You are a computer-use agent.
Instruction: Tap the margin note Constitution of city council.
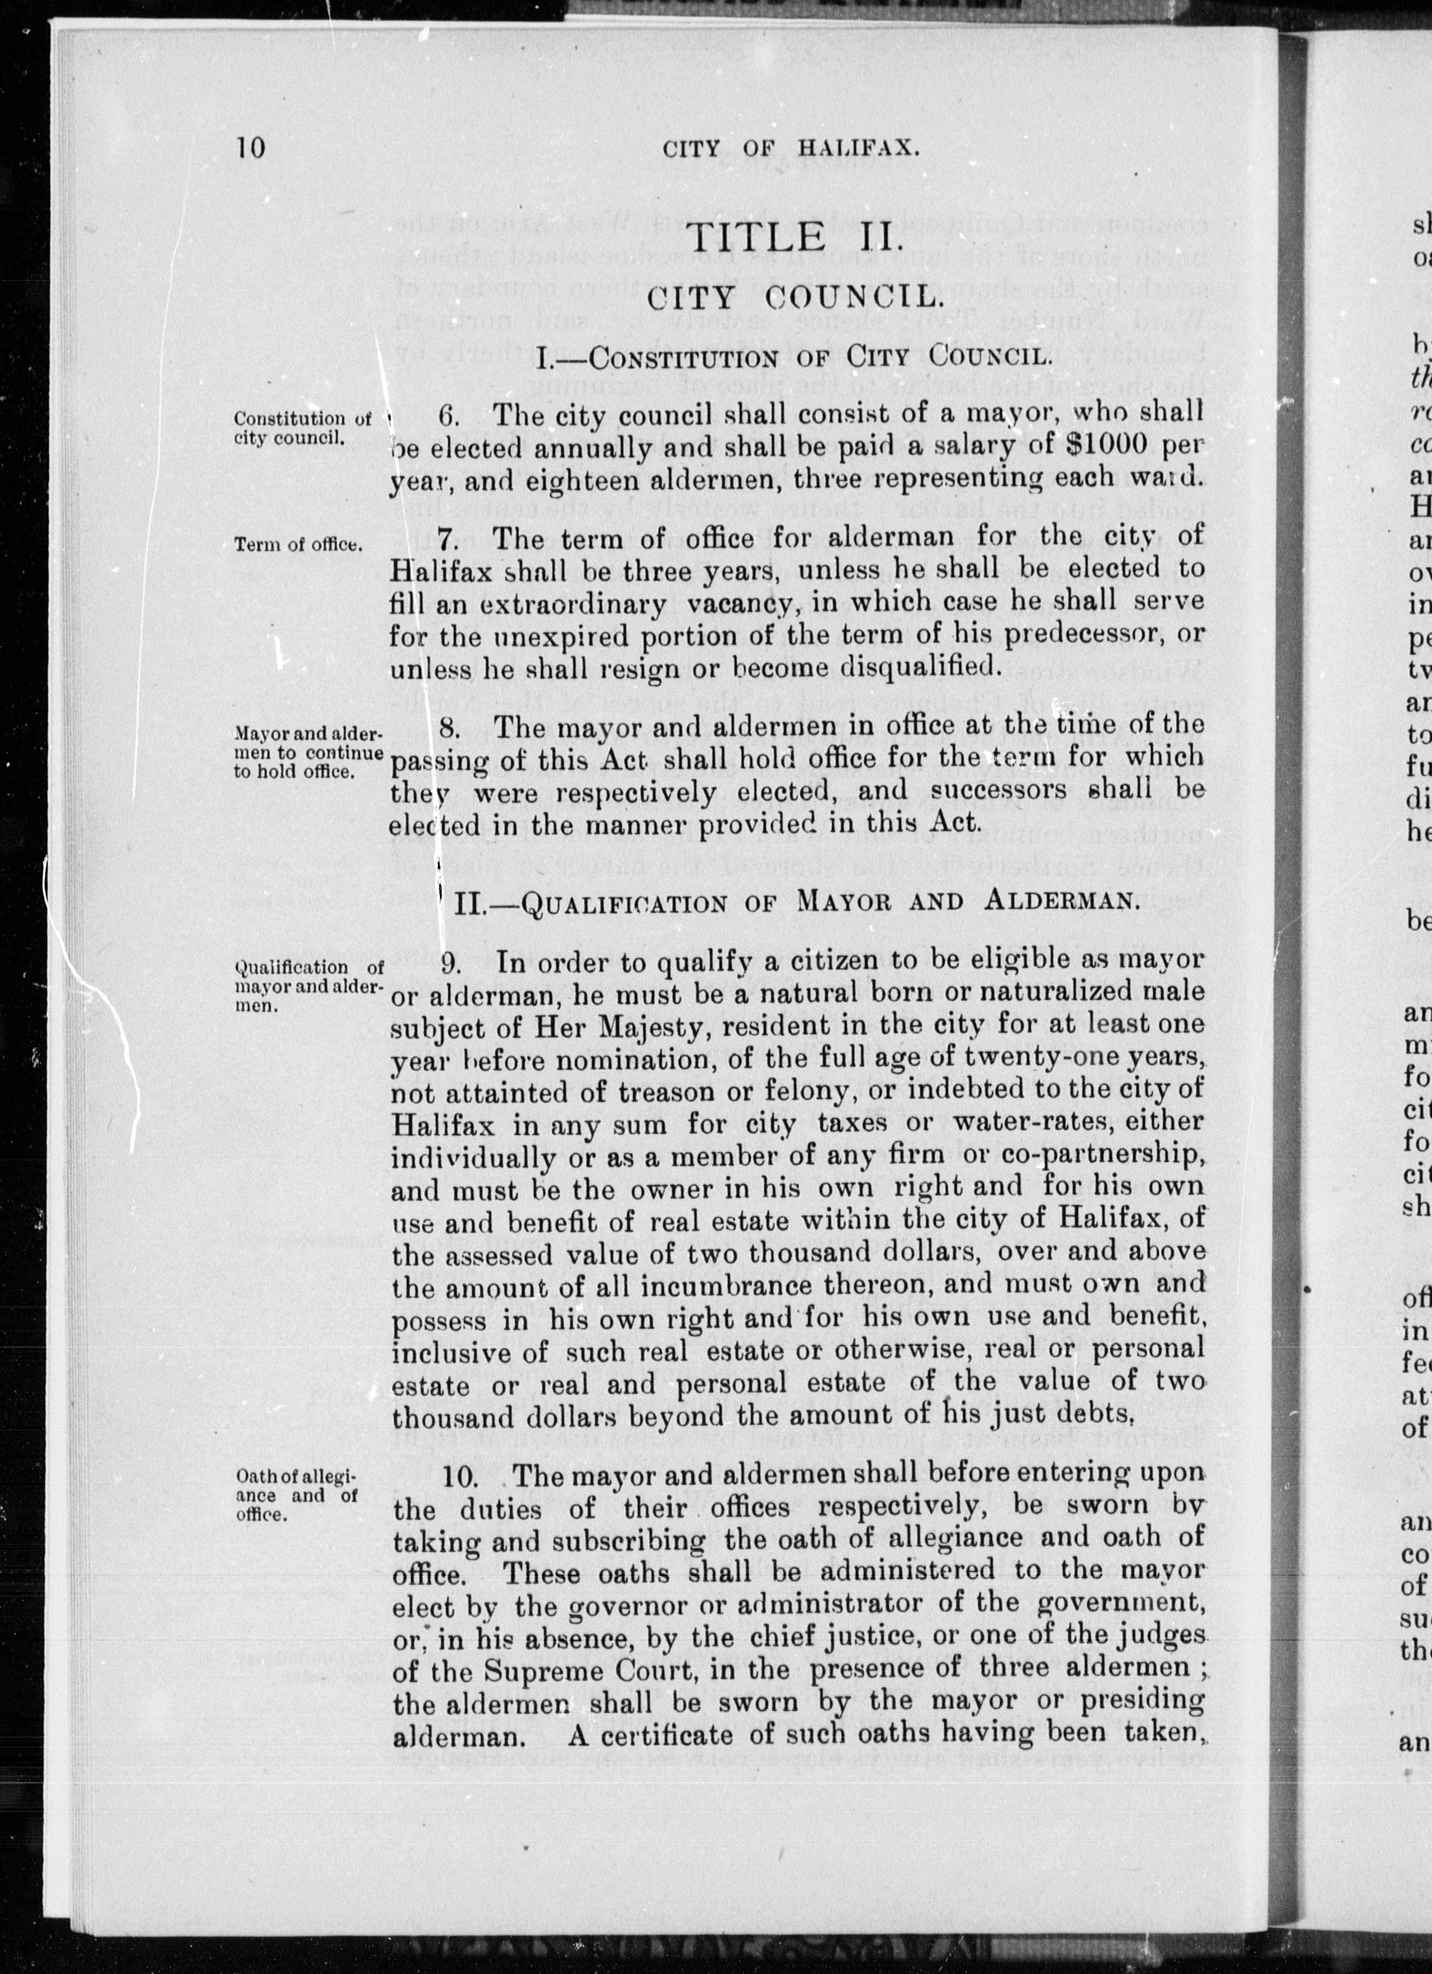pyautogui.click(x=301, y=427)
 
